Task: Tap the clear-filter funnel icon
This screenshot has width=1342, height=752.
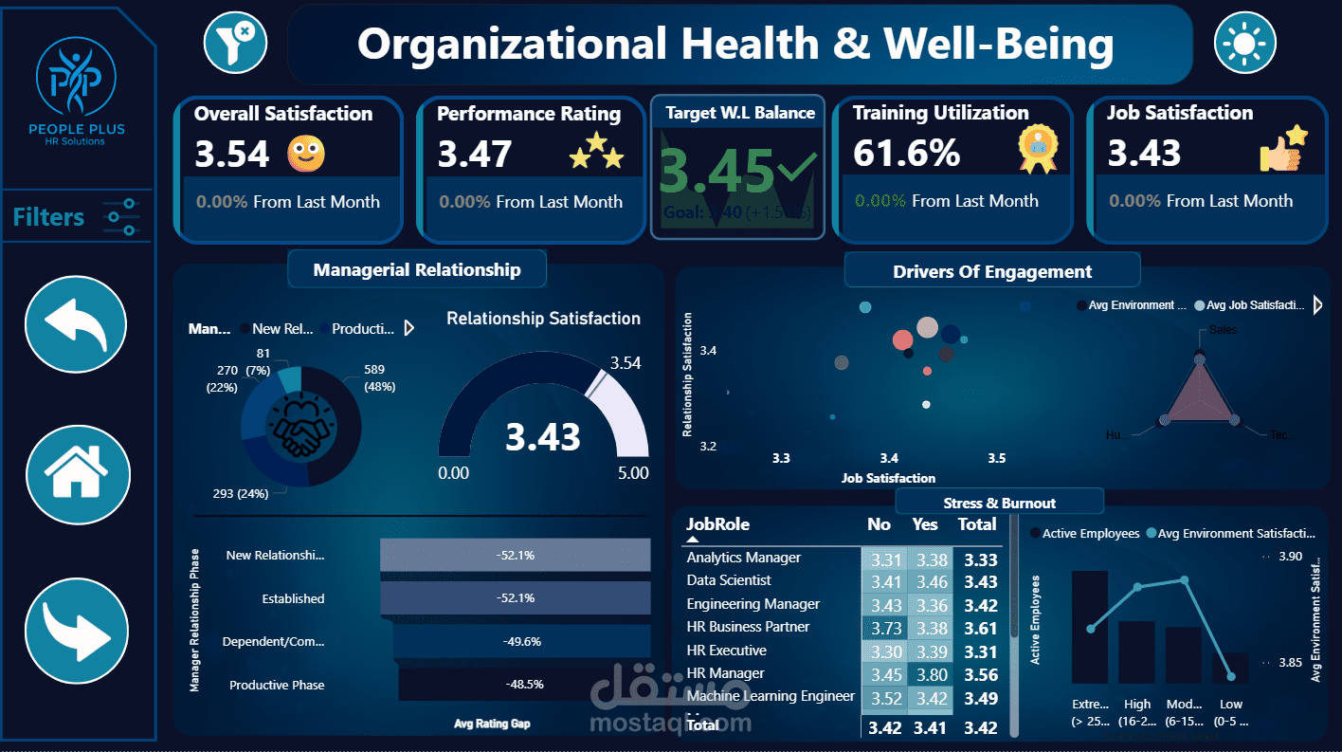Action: coord(235,42)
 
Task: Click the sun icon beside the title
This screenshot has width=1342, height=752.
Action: coord(1244,43)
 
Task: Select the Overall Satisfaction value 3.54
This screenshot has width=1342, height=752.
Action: coord(232,154)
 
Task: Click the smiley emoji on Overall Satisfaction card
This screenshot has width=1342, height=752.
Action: coord(306,154)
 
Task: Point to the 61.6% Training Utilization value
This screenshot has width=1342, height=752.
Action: coord(907,153)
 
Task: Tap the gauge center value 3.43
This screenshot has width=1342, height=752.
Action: coord(542,437)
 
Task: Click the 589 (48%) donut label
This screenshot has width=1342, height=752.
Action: coord(379,377)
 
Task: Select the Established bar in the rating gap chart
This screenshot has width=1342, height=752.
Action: coord(516,598)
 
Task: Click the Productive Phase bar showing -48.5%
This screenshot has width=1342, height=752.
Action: coord(524,684)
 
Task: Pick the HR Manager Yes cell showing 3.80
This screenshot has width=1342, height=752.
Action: coord(929,674)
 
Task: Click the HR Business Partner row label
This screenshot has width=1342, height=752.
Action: coord(748,627)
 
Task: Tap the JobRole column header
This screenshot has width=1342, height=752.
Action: coord(717,524)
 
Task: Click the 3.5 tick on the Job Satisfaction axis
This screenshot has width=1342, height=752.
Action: coord(996,459)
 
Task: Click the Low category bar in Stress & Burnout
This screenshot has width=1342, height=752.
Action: coord(1230,668)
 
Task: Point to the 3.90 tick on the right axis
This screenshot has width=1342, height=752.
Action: coord(1290,557)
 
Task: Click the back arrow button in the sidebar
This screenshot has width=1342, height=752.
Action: coord(77,324)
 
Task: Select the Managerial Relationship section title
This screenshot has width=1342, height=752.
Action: coord(417,270)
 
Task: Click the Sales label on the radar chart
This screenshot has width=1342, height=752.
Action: coord(1223,330)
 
